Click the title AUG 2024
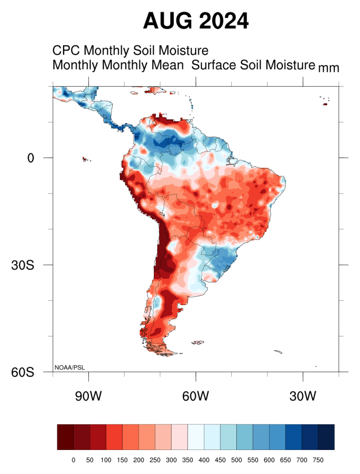[x=196, y=21]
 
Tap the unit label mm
[x=328, y=68]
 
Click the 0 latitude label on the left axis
[x=31, y=158]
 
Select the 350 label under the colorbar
[x=187, y=460]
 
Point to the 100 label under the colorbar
[x=106, y=460]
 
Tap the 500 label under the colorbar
[x=236, y=460]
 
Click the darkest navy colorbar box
[x=326, y=437]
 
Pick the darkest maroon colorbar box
[x=65, y=437]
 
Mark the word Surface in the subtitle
[x=214, y=65]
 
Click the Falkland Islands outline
[x=198, y=343]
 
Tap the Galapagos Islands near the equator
[x=85, y=159]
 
